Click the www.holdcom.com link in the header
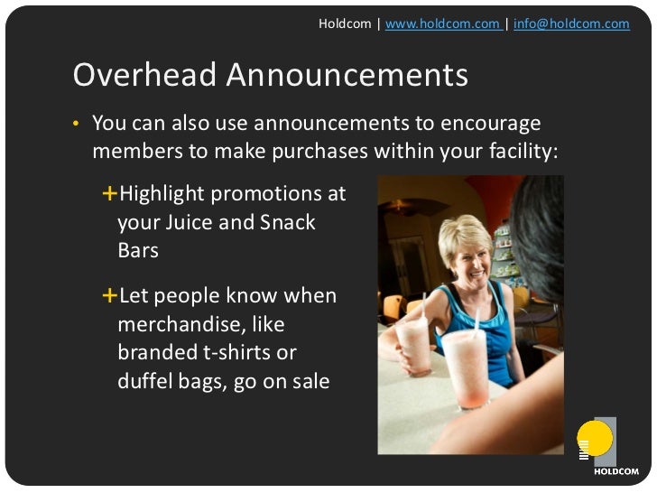click(442, 23)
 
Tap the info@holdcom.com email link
click(571, 23)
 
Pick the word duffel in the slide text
click(146, 381)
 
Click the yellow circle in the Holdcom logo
click(594, 439)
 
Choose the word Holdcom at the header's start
click(344, 23)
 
